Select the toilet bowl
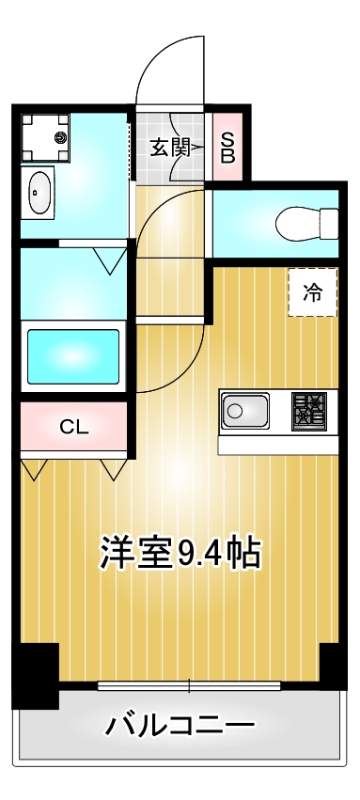pos(295,224)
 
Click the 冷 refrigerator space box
pos(311,292)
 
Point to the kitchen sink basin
pos(245,411)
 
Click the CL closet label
pos(73,427)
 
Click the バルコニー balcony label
pos(180,726)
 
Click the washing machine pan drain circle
pos(60,138)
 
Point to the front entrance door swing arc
pos(169,66)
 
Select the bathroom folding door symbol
pos(111,259)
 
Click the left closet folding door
pos(35,468)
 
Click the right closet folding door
pos(113,468)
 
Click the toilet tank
pos(328,224)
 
